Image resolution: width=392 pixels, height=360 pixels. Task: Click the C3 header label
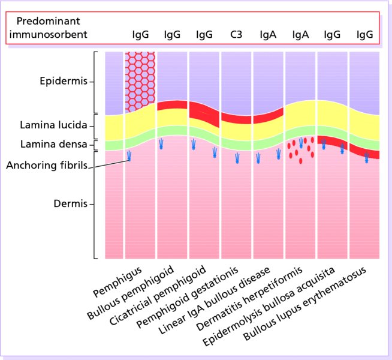pyautogui.click(x=236, y=35)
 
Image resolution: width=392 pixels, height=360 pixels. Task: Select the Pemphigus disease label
pyautogui.click(x=118, y=284)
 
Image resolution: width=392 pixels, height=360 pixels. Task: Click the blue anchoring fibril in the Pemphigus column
pyautogui.click(x=129, y=157)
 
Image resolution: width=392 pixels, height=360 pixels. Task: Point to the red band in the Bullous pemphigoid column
pyautogui.click(x=172, y=106)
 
